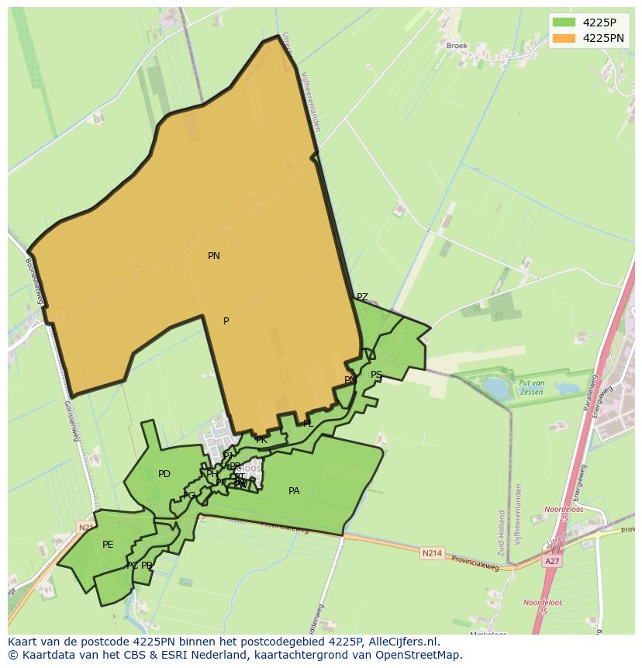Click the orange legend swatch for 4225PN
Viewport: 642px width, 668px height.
coord(564,38)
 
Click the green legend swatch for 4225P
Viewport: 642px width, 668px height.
coord(564,22)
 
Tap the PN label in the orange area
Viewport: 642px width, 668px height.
coord(214,256)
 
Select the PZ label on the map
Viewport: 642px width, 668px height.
coord(362,297)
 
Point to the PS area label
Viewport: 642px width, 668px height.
coord(376,375)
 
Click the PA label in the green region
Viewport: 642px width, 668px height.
coord(294,491)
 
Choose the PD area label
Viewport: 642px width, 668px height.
coord(164,474)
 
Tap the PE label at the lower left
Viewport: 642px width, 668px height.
coord(108,545)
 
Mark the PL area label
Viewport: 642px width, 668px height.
coord(308,424)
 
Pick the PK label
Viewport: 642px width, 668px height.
coord(261,440)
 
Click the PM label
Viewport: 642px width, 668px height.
coord(350,380)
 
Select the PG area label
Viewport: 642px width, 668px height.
coord(189,496)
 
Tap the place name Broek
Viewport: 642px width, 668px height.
coord(457,46)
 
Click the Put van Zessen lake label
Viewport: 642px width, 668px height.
coord(532,387)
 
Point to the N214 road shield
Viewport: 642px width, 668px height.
coord(431,553)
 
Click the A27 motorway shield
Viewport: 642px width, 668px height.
coord(551,561)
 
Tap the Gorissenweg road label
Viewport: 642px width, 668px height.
coord(72,420)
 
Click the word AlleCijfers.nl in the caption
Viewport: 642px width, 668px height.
coord(402,642)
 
